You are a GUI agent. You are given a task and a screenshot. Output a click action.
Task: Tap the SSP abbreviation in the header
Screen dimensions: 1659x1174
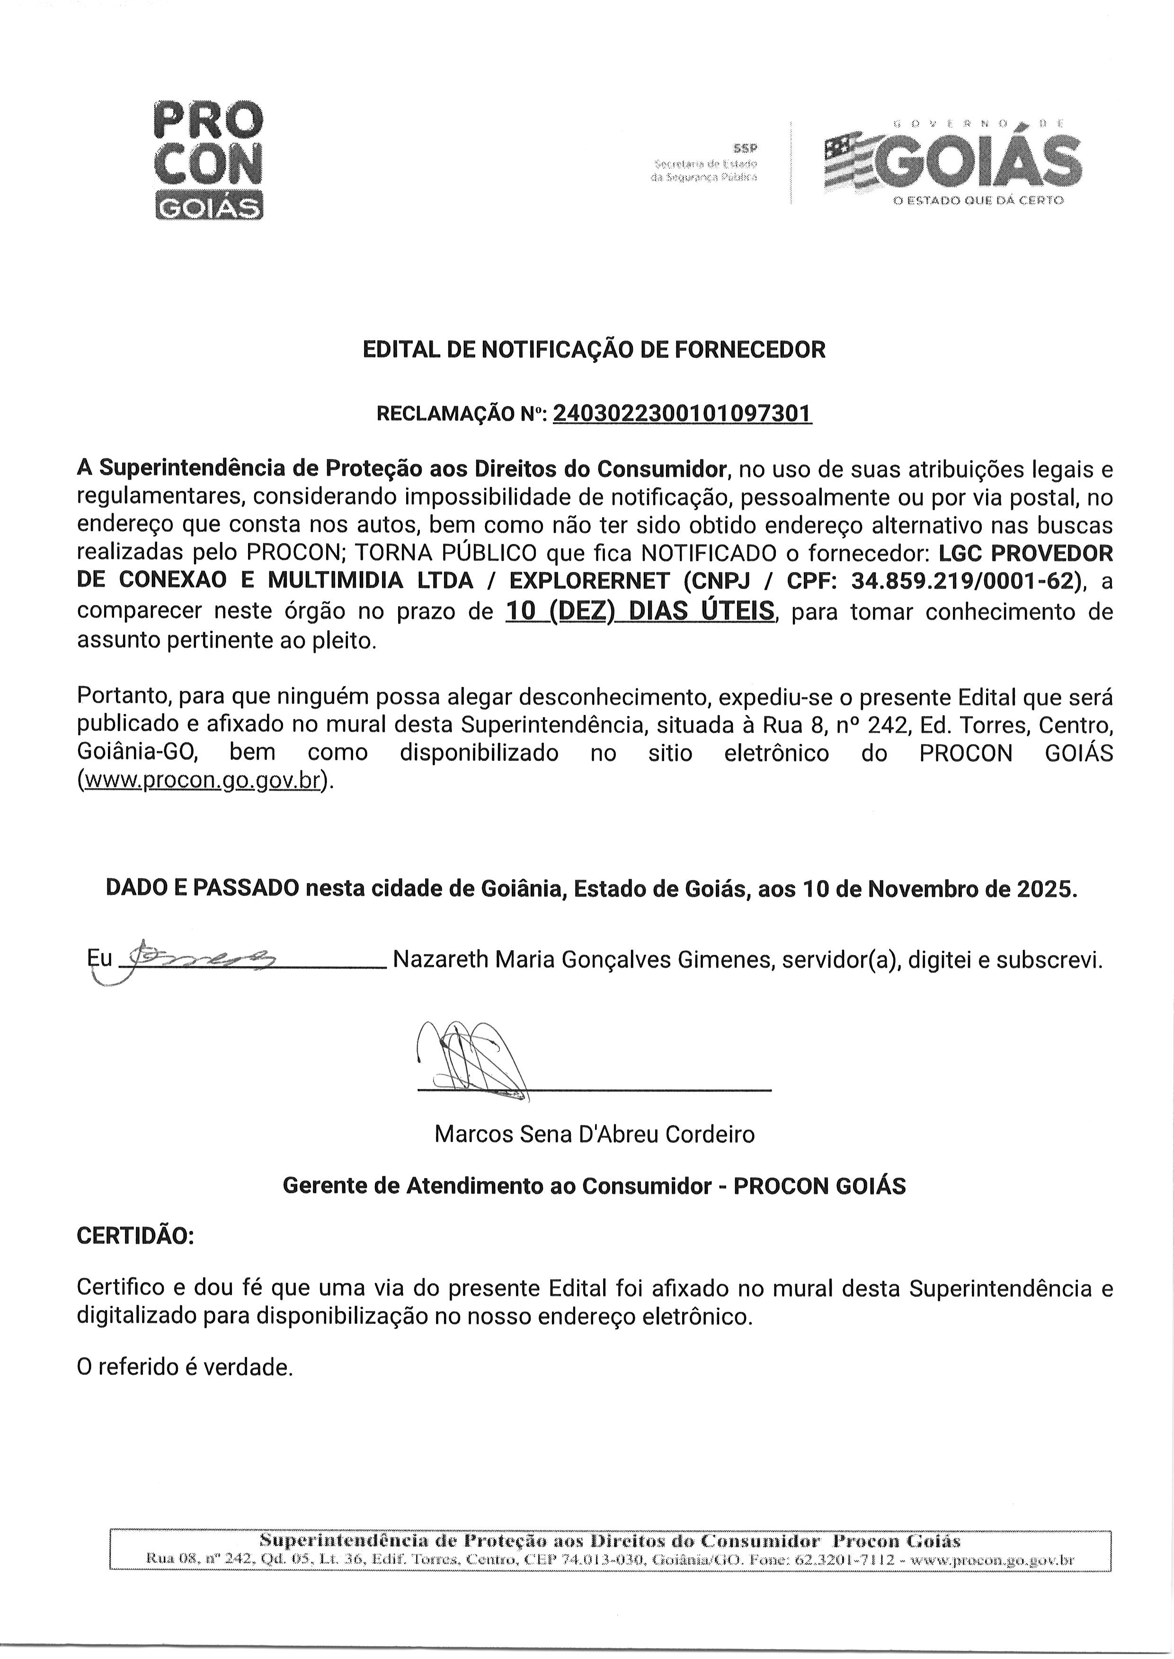(745, 148)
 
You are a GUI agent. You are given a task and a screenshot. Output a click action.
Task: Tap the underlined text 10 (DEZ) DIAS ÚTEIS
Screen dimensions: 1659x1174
(639, 612)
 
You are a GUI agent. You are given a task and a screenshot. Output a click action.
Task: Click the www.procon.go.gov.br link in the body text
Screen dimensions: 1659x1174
(203, 781)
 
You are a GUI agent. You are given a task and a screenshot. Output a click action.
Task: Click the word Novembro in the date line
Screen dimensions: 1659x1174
(925, 888)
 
